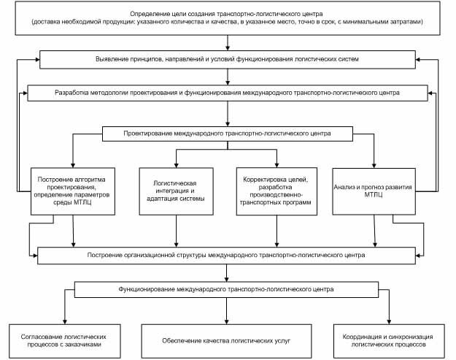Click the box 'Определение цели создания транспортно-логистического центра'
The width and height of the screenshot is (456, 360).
[228, 18]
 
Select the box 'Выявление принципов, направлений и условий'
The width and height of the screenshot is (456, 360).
[228, 60]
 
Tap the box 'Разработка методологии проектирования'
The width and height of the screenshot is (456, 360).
[228, 93]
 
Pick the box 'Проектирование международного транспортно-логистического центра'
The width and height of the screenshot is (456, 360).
[228, 134]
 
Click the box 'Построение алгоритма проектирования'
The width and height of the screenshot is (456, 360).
[73, 191]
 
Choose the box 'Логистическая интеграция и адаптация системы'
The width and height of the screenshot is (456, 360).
[177, 191]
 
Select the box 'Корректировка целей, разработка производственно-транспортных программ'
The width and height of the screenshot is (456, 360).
[277, 191]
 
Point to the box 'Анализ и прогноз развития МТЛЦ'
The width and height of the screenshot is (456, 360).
[374, 191]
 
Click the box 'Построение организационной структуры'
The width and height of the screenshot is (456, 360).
[227, 256]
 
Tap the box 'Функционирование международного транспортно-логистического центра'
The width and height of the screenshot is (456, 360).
[227, 290]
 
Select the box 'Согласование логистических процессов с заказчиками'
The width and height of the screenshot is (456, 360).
[64, 341]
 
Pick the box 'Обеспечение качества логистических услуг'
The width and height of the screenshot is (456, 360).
[227, 341]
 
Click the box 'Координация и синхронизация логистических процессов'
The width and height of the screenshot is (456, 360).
[389, 341]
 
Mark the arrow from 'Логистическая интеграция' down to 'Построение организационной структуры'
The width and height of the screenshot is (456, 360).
[177, 231]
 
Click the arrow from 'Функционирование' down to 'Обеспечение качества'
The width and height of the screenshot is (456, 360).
[227, 311]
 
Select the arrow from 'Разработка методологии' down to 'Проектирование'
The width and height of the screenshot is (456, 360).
[228, 114]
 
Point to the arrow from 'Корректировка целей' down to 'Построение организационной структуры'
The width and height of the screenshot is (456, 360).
[277, 231]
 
